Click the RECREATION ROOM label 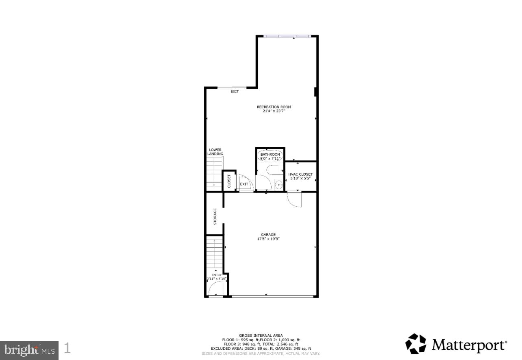click(x=274, y=107)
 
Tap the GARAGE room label click(x=268, y=234)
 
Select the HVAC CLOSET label click(x=300, y=174)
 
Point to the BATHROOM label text click(x=270, y=155)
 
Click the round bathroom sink click(x=278, y=185)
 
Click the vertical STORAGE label click(x=215, y=216)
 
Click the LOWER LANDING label click(x=215, y=152)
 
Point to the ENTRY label click(x=216, y=275)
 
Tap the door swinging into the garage click(x=294, y=200)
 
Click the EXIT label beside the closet click(x=244, y=184)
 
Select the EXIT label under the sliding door click(x=235, y=92)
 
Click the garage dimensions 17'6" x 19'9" click(x=268, y=239)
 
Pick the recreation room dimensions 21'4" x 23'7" click(x=274, y=111)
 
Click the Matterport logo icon click(x=415, y=344)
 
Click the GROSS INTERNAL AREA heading click(x=261, y=336)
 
